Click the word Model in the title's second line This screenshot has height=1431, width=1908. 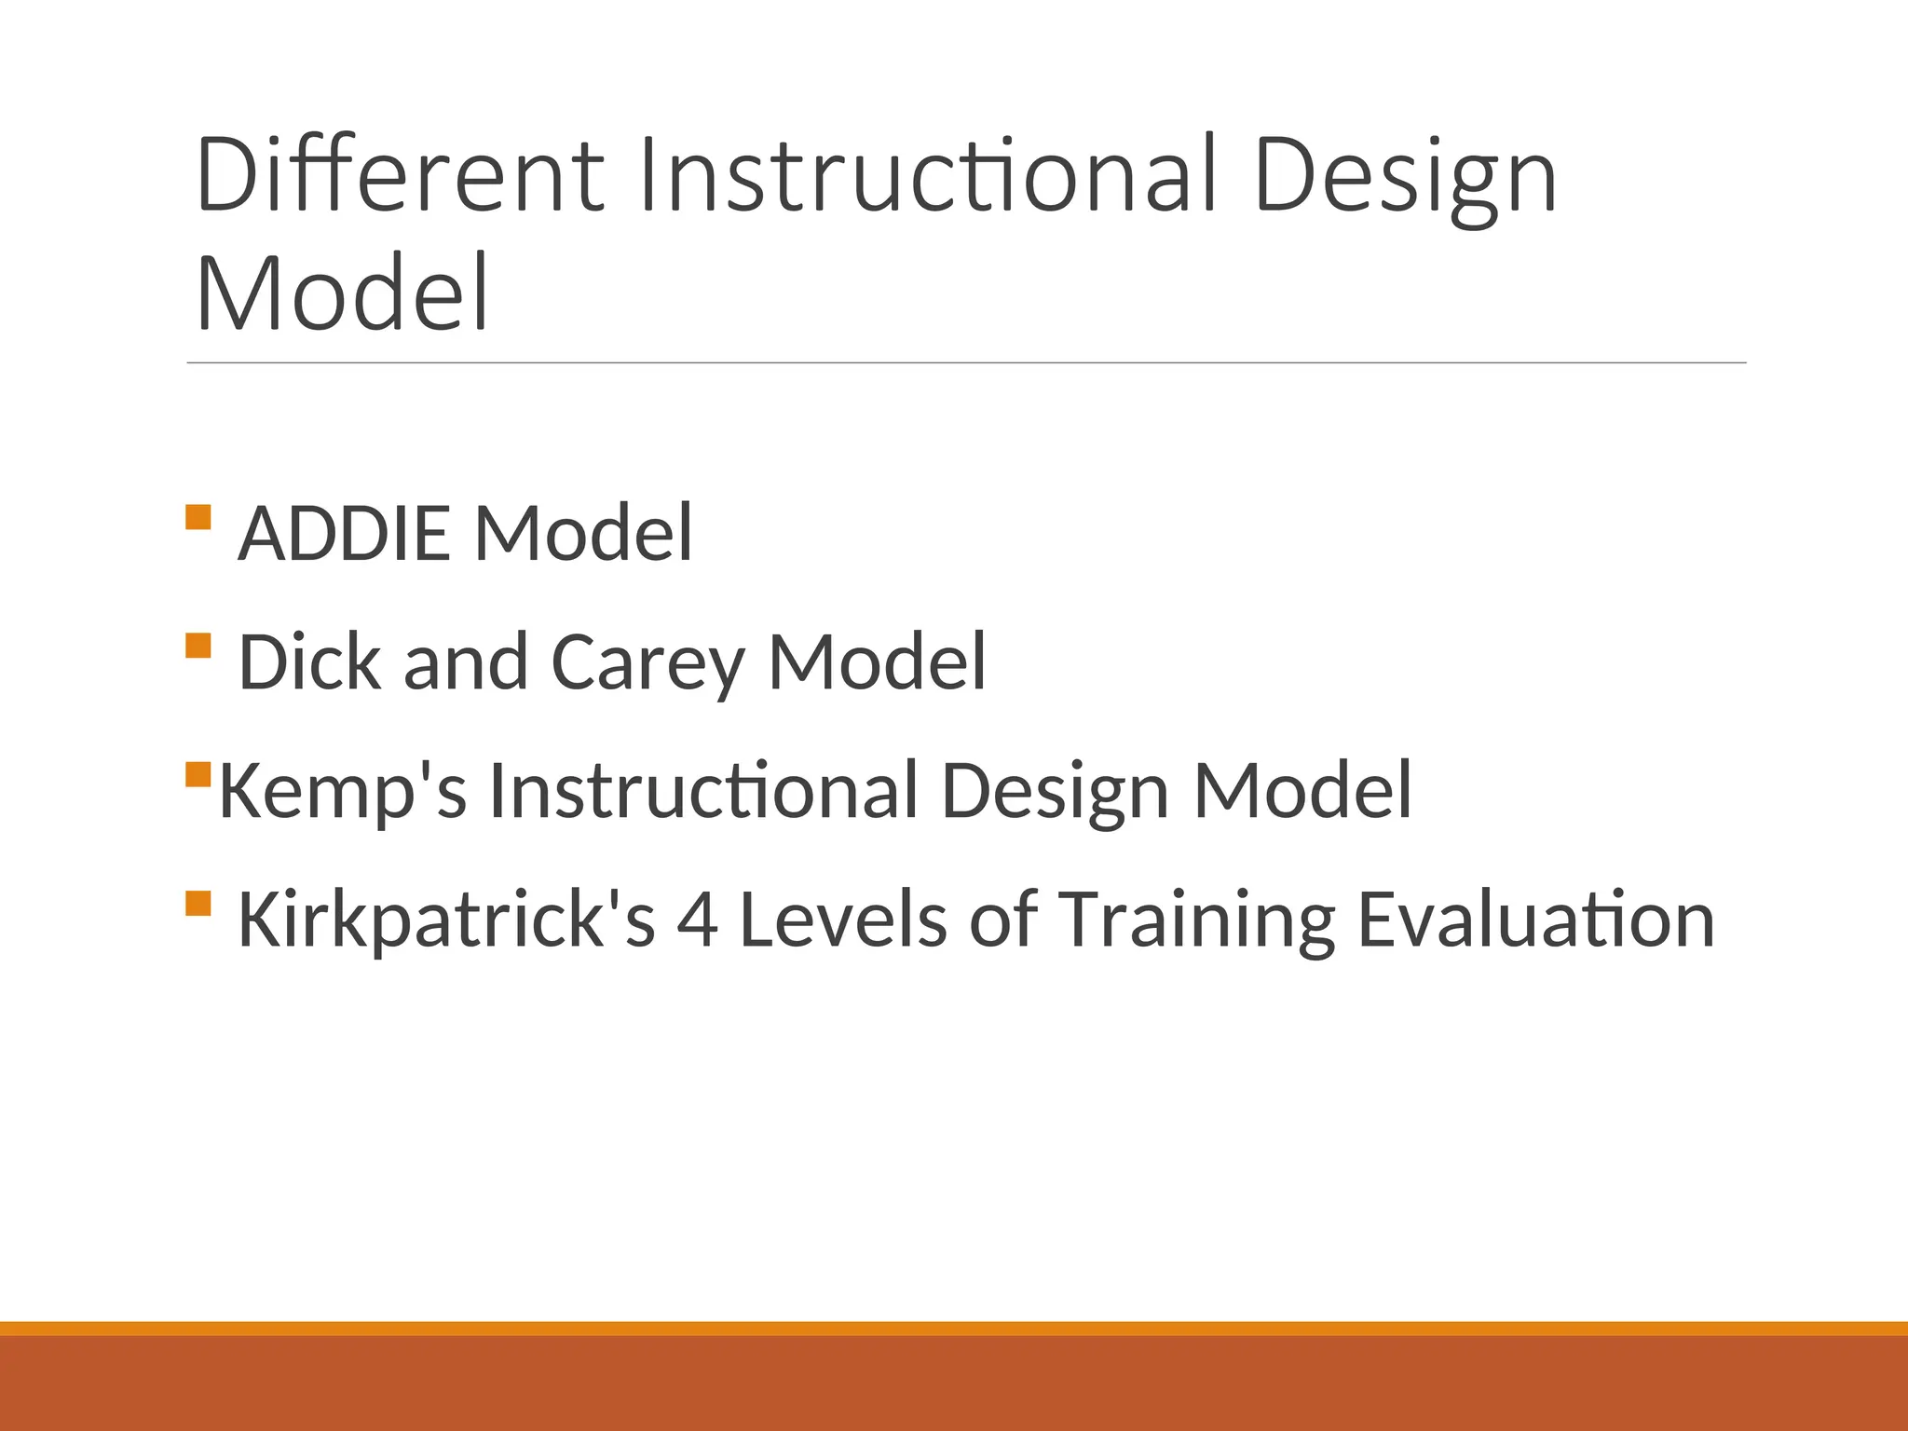pos(342,293)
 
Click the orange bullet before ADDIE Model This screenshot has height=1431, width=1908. pos(198,517)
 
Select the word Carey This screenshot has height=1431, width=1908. pos(648,663)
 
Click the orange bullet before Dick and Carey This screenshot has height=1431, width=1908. pos(198,646)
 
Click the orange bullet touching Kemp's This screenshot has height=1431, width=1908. pos(198,774)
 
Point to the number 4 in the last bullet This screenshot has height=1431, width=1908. pos(697,920)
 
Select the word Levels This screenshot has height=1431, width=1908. pos(843,920)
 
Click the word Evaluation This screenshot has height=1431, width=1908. pos(1535,920)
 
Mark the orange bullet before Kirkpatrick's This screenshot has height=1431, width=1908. pos(198,903)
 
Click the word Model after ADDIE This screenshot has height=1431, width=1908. pos(584,533)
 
